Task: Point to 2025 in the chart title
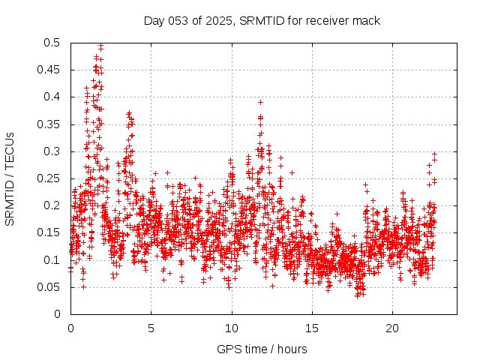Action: (x=218, y=21)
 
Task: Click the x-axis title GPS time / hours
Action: (x=262, y=349)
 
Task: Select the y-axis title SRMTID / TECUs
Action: (x=10, y=178)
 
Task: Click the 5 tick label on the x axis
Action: (x=151, y=328)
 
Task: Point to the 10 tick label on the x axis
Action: (x=232, y=328)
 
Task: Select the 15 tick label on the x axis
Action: (x=312, y=328)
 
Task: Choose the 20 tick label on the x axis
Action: (x=393, y=328)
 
